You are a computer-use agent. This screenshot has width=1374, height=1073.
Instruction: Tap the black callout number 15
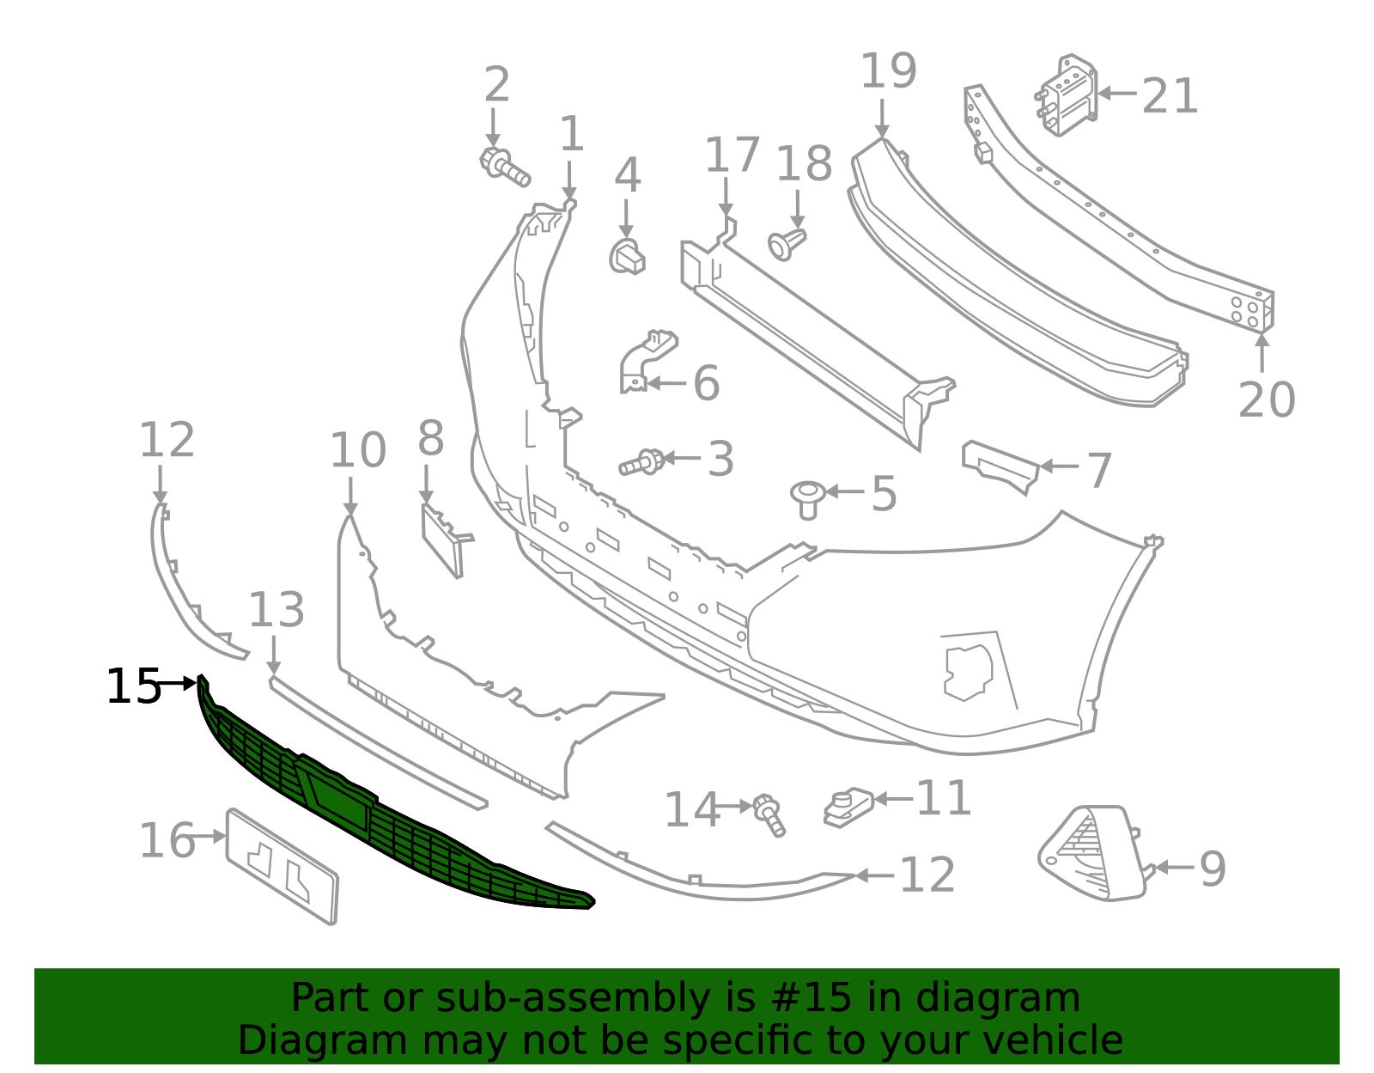(x=133, y=687)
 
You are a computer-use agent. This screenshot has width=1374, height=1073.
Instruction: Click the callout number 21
(x=1169, y=96)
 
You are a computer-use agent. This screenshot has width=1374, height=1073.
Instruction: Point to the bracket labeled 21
(x=1069, y=96)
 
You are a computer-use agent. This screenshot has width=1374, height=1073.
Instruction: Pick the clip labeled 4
(x=628, y=256)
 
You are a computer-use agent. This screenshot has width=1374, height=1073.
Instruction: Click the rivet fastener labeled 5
(x=807, y=498)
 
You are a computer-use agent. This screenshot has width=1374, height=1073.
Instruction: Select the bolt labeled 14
(x=769, y=814)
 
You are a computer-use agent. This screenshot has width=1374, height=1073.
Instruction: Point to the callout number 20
(x=1266, y=400)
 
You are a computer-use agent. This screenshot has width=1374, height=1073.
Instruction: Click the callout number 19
(x=888, y=71)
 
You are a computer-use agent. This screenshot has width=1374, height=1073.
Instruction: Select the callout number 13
(x=276, y=611)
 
